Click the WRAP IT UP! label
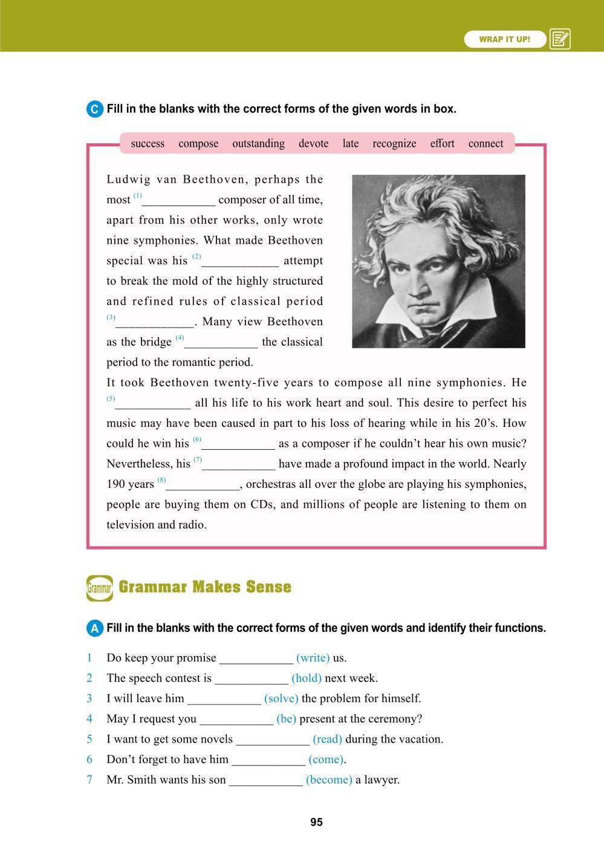(504, 39)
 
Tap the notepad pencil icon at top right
(560, 39)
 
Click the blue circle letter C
(95, 109)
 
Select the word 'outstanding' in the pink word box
(258, 143)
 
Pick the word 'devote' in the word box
(313, 143)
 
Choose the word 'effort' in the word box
(442, 143)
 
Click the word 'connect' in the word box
(485, 143)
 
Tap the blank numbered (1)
(179, 201)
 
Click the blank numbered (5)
(153, 404)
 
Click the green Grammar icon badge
(99, 588)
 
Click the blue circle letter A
(95, 629)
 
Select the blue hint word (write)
(313, 658)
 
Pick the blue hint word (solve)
(281, 698)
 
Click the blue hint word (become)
(329, 779)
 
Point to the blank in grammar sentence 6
(268, 760)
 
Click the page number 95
(316, 822)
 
